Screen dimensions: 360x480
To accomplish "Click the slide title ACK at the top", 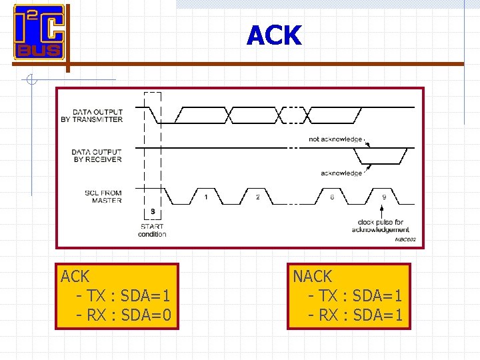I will pos(274,35).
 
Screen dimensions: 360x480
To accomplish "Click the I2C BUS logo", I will pos(39,32).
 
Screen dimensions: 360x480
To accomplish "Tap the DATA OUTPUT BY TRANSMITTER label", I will pos(97,115).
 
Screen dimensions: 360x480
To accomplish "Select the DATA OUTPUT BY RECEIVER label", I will pos(97,155).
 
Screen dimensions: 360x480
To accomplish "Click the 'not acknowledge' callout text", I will pos(335,139).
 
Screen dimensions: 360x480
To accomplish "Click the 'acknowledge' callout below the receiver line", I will pos(341,173).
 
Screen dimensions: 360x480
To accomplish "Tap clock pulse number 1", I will pos(206,197).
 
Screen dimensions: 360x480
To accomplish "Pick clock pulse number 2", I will pos(258,197).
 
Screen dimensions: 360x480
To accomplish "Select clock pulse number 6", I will pos(331,197).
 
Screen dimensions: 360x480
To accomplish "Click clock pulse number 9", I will pos(383,197).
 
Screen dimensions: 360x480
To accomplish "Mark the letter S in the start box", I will pos(153,212).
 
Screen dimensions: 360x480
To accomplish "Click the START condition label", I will pos(153,230).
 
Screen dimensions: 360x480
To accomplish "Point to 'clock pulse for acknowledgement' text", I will pos(381,226).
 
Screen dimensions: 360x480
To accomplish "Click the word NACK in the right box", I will pos(313,276).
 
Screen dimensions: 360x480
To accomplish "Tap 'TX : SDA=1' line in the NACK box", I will pos(356,295).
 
